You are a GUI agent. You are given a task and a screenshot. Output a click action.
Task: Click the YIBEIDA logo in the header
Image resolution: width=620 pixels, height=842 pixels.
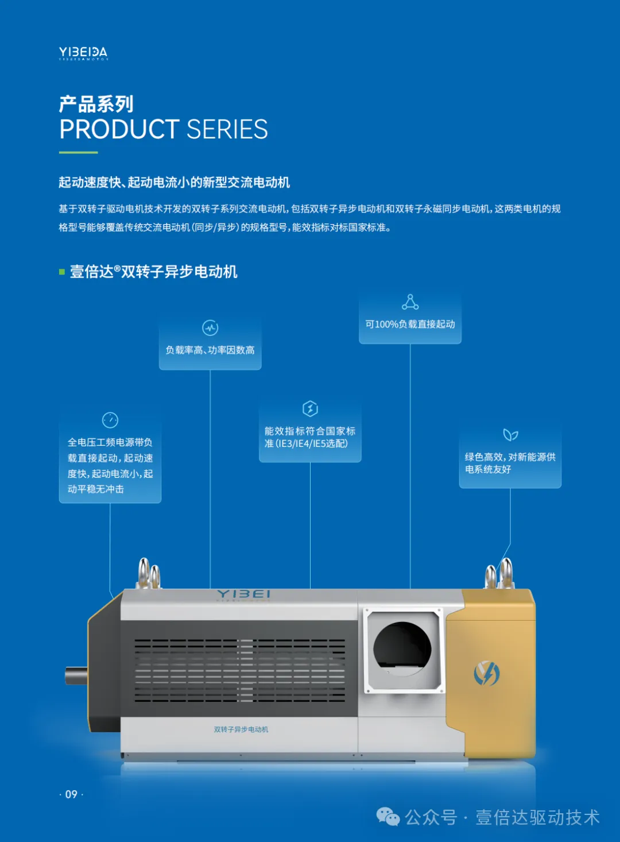pos(83,53)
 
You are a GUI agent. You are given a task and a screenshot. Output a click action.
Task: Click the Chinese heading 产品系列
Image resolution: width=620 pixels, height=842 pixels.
pos(96,104)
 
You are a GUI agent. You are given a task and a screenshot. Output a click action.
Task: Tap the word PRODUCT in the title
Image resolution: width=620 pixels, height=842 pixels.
pos(119,130)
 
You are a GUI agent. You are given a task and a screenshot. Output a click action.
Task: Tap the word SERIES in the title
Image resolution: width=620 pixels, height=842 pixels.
pos(227,130)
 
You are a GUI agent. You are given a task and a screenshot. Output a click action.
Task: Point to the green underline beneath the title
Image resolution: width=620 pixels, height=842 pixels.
pos(79,153)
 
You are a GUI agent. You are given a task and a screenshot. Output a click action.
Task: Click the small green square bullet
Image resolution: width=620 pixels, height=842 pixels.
pos(62,272)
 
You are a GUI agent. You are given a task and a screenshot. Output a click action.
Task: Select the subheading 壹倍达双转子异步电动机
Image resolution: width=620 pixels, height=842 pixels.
pos(153,272)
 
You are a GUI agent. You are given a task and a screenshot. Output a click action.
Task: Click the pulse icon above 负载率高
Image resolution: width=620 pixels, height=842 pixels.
pos(210,328)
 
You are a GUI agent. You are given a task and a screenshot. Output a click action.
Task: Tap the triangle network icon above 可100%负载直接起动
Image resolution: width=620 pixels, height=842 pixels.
pos(410,302)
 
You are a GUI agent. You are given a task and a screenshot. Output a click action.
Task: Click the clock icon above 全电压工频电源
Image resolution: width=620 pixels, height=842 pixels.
pos(110,420)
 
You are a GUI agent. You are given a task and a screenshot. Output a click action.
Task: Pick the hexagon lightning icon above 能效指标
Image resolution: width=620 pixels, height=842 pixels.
pos(310,408)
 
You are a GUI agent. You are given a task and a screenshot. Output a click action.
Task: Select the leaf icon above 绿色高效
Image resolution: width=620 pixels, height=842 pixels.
pos(510,435)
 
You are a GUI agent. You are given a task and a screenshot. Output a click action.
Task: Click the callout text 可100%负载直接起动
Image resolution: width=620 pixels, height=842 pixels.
pos(410,325)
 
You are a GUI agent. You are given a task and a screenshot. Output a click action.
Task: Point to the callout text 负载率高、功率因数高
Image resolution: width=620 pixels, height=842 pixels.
pos(210,350)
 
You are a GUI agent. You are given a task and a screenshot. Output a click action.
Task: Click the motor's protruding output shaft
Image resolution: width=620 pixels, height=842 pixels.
pos(76,675)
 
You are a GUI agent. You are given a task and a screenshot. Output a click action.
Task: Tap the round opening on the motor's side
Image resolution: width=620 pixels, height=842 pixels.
pos(402,648)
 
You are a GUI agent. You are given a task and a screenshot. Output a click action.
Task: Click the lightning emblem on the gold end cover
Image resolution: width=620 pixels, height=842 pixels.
pos(487,673)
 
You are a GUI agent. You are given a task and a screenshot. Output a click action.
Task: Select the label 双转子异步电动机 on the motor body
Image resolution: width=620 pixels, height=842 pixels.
pos(241,729)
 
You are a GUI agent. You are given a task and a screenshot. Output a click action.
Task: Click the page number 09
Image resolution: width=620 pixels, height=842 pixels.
pos(71,794)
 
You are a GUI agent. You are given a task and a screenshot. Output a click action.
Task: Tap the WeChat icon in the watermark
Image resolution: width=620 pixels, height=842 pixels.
pos(388,817)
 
